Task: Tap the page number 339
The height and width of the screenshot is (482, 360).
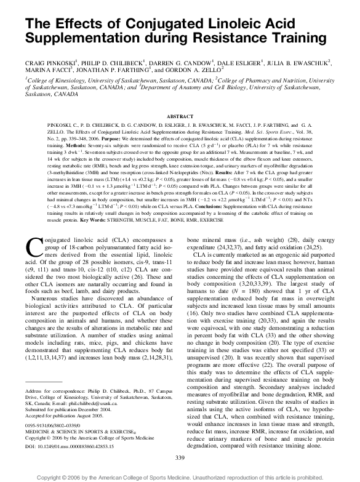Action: pyautogui.click(x=180, y=458)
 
